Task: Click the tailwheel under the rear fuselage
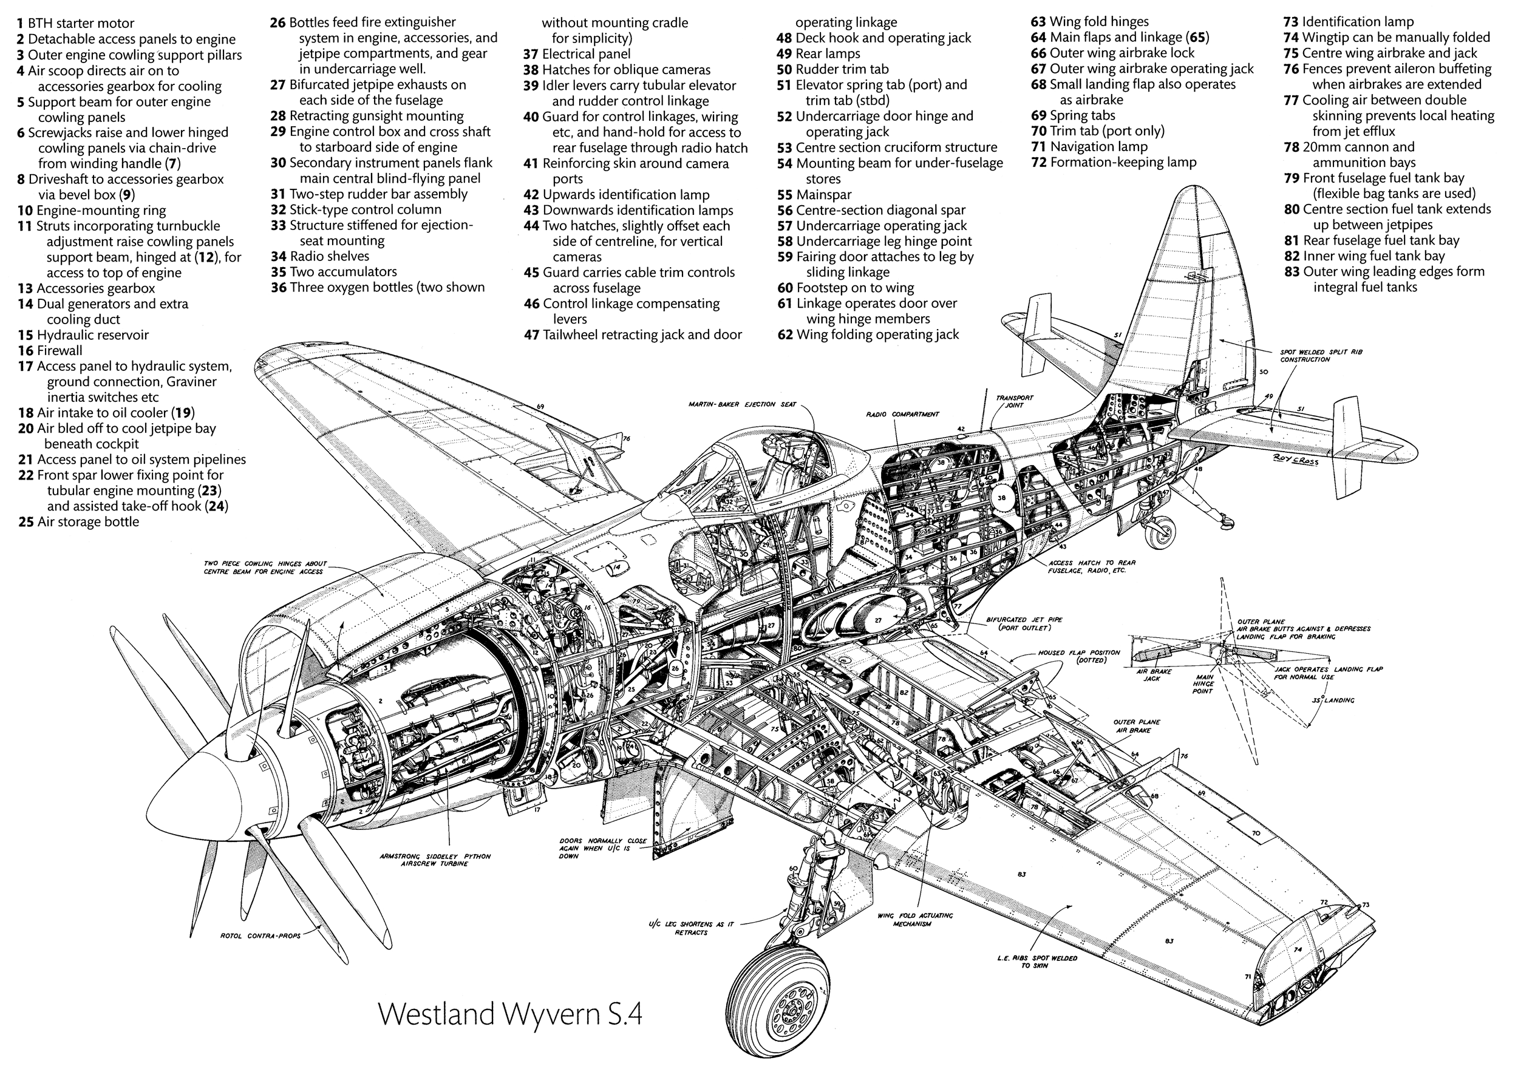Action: pyautogui.click(x=1160, y=532)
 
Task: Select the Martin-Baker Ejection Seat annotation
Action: pyautogui.click(x=742, y=404)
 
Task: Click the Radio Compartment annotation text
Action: pyautogui.click(x=902, y=415)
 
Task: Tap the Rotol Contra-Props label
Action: pyautogui.click(x=260, y=935)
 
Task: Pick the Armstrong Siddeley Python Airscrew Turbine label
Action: pyautogui.click(x=434, y=860)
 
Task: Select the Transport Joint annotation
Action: pyautogui.click(x=1014, y=401)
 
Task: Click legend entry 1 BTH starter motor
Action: pyautogui.click(x=76, y=24)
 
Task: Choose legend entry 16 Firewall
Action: pyautogui.click(x=50, y=350)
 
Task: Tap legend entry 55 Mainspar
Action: pyautogui.click(x=814, y=195)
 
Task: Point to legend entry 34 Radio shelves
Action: pyautogui.click(x=320, y=256)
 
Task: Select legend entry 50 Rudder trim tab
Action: pyautogui.click(x=832, y=69)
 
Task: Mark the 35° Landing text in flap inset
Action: pyautogui.click(x=1333, y=701)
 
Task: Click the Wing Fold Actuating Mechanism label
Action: pyautogui.click(x=915, y=919)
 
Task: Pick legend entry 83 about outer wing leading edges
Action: pyautogui.click(x=1384, y=279)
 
